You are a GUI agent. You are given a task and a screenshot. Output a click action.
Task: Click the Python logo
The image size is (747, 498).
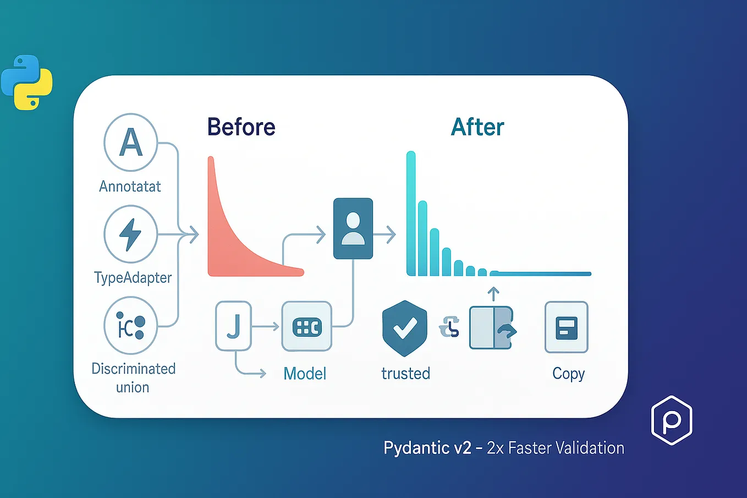coord(26,83)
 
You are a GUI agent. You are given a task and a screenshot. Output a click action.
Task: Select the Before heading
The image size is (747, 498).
coord(241,127)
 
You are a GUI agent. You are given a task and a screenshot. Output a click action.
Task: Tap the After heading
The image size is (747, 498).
coord(477,127)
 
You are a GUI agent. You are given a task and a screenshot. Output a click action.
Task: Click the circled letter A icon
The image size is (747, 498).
coord(130,142)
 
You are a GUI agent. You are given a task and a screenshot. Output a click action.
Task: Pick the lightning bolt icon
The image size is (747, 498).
coord(130,234)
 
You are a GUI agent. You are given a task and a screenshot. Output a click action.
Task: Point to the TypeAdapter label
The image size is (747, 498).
coord(133,278)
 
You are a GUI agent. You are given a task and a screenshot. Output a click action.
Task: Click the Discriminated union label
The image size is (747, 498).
coord(133,378)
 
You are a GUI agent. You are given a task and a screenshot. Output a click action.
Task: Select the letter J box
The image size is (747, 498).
coord(233,326)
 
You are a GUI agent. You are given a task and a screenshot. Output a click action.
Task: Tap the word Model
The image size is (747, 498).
coord(305,374)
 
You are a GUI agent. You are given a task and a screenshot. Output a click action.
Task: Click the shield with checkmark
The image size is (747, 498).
coord(404,328)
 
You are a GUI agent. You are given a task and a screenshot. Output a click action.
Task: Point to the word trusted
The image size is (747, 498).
coord(406,374)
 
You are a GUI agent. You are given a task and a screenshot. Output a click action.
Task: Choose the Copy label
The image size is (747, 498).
coord(568,374)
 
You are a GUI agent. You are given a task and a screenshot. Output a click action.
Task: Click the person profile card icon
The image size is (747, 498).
coord(353,228)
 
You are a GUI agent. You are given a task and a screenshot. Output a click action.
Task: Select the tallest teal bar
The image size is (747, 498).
coord(411,214)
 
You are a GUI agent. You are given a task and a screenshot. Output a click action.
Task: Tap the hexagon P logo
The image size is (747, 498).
coord(672,420)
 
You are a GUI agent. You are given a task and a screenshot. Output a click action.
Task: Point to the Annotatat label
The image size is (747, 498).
coord(130,187)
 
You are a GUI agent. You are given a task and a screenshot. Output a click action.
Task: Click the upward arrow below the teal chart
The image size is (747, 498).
coord(493,294)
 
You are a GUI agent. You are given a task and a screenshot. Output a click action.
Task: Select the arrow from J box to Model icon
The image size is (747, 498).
coord(266,326)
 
